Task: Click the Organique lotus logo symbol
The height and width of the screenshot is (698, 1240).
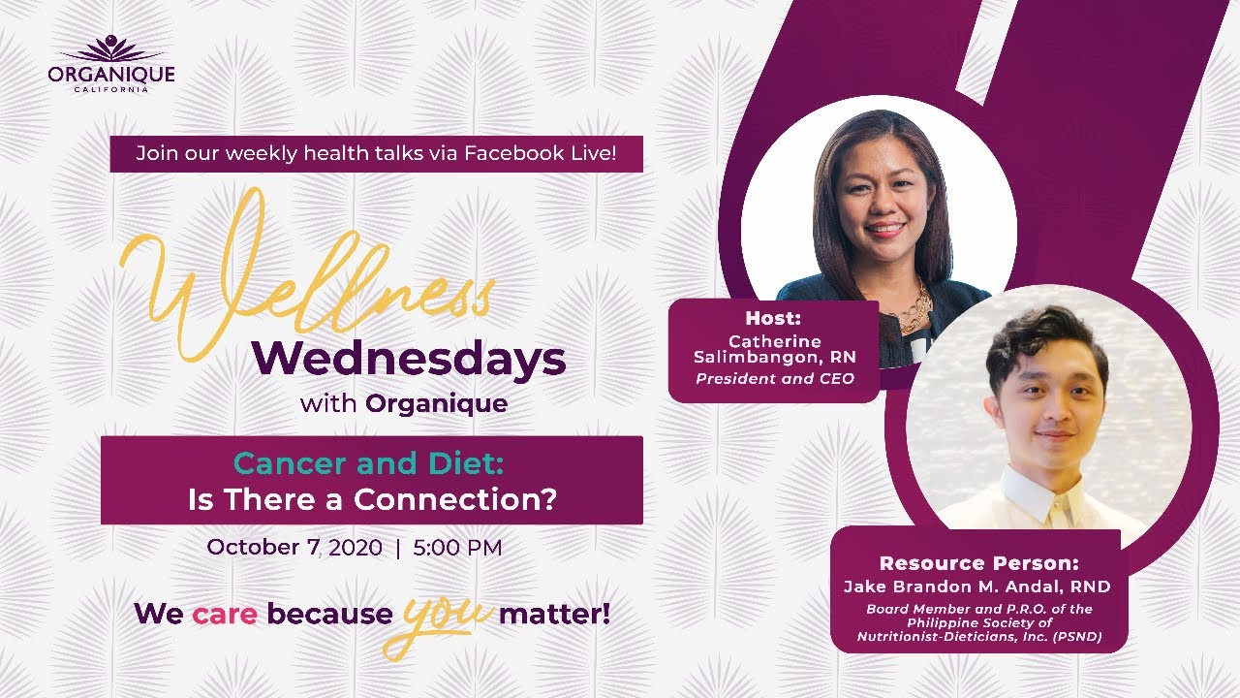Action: (111, 48)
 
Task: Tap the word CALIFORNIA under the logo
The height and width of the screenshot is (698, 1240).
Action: (111, 90)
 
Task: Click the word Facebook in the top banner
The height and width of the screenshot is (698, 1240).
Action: (506, 153)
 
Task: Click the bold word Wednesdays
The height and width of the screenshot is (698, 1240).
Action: (409, 360)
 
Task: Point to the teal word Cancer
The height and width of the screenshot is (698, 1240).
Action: (291, 463)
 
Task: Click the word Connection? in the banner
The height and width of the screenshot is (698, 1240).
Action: (455, 499)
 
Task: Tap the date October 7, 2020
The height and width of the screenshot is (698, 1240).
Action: (294, 548)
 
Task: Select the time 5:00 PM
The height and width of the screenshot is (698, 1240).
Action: (458, 548)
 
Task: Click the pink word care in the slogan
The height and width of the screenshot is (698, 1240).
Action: (225, 615)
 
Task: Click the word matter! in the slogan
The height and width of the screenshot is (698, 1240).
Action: (555, 614)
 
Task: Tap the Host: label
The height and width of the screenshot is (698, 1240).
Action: (773, 318)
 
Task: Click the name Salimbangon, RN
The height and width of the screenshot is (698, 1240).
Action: (775, 358)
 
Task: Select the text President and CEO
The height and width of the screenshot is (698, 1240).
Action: (775, 379)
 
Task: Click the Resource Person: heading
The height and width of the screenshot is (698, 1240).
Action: (979, 563)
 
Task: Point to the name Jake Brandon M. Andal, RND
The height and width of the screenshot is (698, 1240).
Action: (977, 587)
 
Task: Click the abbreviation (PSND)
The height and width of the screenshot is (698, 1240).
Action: (1076, 637)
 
